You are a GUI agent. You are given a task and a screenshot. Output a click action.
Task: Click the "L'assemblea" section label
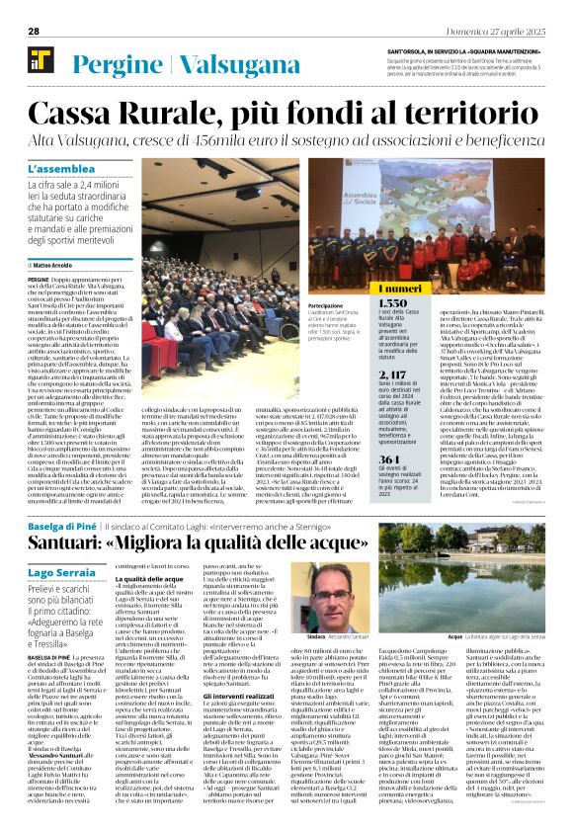point(63,169)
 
